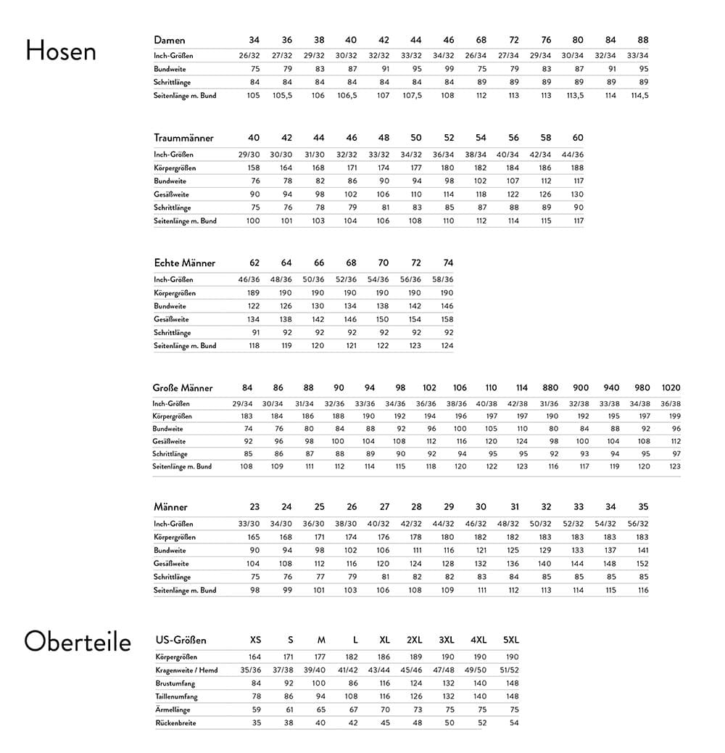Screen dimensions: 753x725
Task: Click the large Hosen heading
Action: (61, 51)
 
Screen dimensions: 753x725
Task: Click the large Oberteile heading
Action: (78, 642)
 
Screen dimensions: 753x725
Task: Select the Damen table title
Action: (170, 40)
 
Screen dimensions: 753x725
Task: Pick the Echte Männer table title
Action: (184, 263)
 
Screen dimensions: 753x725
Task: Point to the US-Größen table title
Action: (181, 640)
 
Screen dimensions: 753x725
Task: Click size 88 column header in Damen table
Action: (643, 40)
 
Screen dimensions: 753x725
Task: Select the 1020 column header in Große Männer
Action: (671, 388)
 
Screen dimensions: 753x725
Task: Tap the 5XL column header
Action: (511, 640)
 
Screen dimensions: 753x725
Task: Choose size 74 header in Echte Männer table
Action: (448, 263)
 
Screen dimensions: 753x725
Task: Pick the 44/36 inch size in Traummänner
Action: (573, 155)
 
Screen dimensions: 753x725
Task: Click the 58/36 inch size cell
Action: (442, 279)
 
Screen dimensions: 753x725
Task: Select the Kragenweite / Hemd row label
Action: (186, 670)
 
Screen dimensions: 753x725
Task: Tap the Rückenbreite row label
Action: (175, 723)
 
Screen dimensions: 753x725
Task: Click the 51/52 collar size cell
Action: (509, 670)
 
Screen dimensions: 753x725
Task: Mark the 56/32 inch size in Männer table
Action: (637, 524)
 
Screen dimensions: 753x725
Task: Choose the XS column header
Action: (256, 640)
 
